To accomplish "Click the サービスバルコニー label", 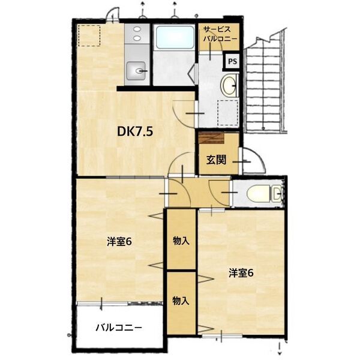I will tap(220, 34).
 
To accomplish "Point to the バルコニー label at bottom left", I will tap(119, 328).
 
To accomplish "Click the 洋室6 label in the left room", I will tap(119, 242).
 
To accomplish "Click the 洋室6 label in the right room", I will tap(241, 273).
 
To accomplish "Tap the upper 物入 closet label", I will tap(181, 241).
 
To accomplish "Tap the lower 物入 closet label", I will tap(181, 301).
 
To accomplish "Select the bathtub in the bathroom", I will tap(174, 38).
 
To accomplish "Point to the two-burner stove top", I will tap(137, 34).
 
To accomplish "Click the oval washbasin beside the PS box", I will tap(229, 85).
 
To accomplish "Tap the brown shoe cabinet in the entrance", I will tap(212, 139).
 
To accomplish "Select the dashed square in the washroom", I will tap(227, 112).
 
